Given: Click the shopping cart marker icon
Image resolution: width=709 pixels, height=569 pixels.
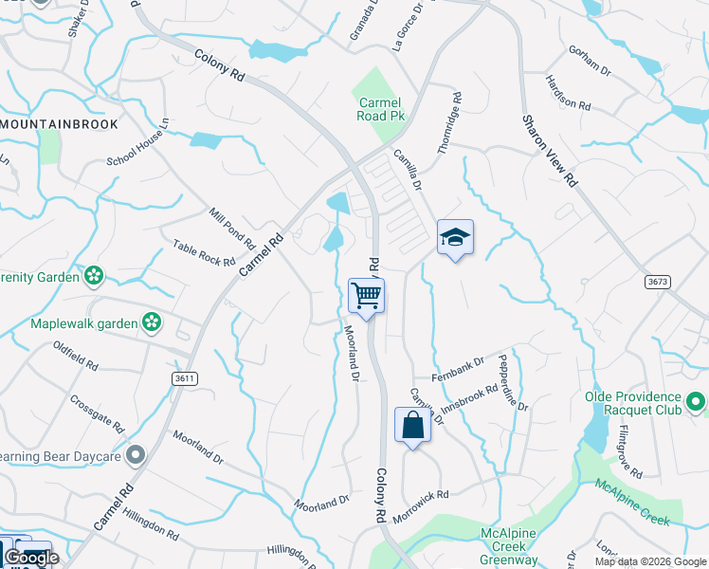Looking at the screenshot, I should pos(366,296).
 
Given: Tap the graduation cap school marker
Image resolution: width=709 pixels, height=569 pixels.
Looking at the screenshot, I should pos(455,238).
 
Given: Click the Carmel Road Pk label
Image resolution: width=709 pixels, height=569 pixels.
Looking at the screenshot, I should pos(378,109).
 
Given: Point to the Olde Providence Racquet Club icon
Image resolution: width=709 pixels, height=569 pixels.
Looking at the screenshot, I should pos(697,402).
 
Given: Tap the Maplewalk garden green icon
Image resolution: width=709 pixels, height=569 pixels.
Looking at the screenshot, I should pos(152,323).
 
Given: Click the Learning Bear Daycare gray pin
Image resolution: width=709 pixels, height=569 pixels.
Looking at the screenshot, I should pos(136,455).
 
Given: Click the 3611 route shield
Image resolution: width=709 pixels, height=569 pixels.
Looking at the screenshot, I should pos(185,378).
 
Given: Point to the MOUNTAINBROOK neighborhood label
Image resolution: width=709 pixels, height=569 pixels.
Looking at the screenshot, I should pos(60,124).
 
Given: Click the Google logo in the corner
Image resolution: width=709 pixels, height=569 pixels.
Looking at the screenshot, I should pos(31,558).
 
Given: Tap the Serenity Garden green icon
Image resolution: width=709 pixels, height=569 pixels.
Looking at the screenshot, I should pos(94,276).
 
